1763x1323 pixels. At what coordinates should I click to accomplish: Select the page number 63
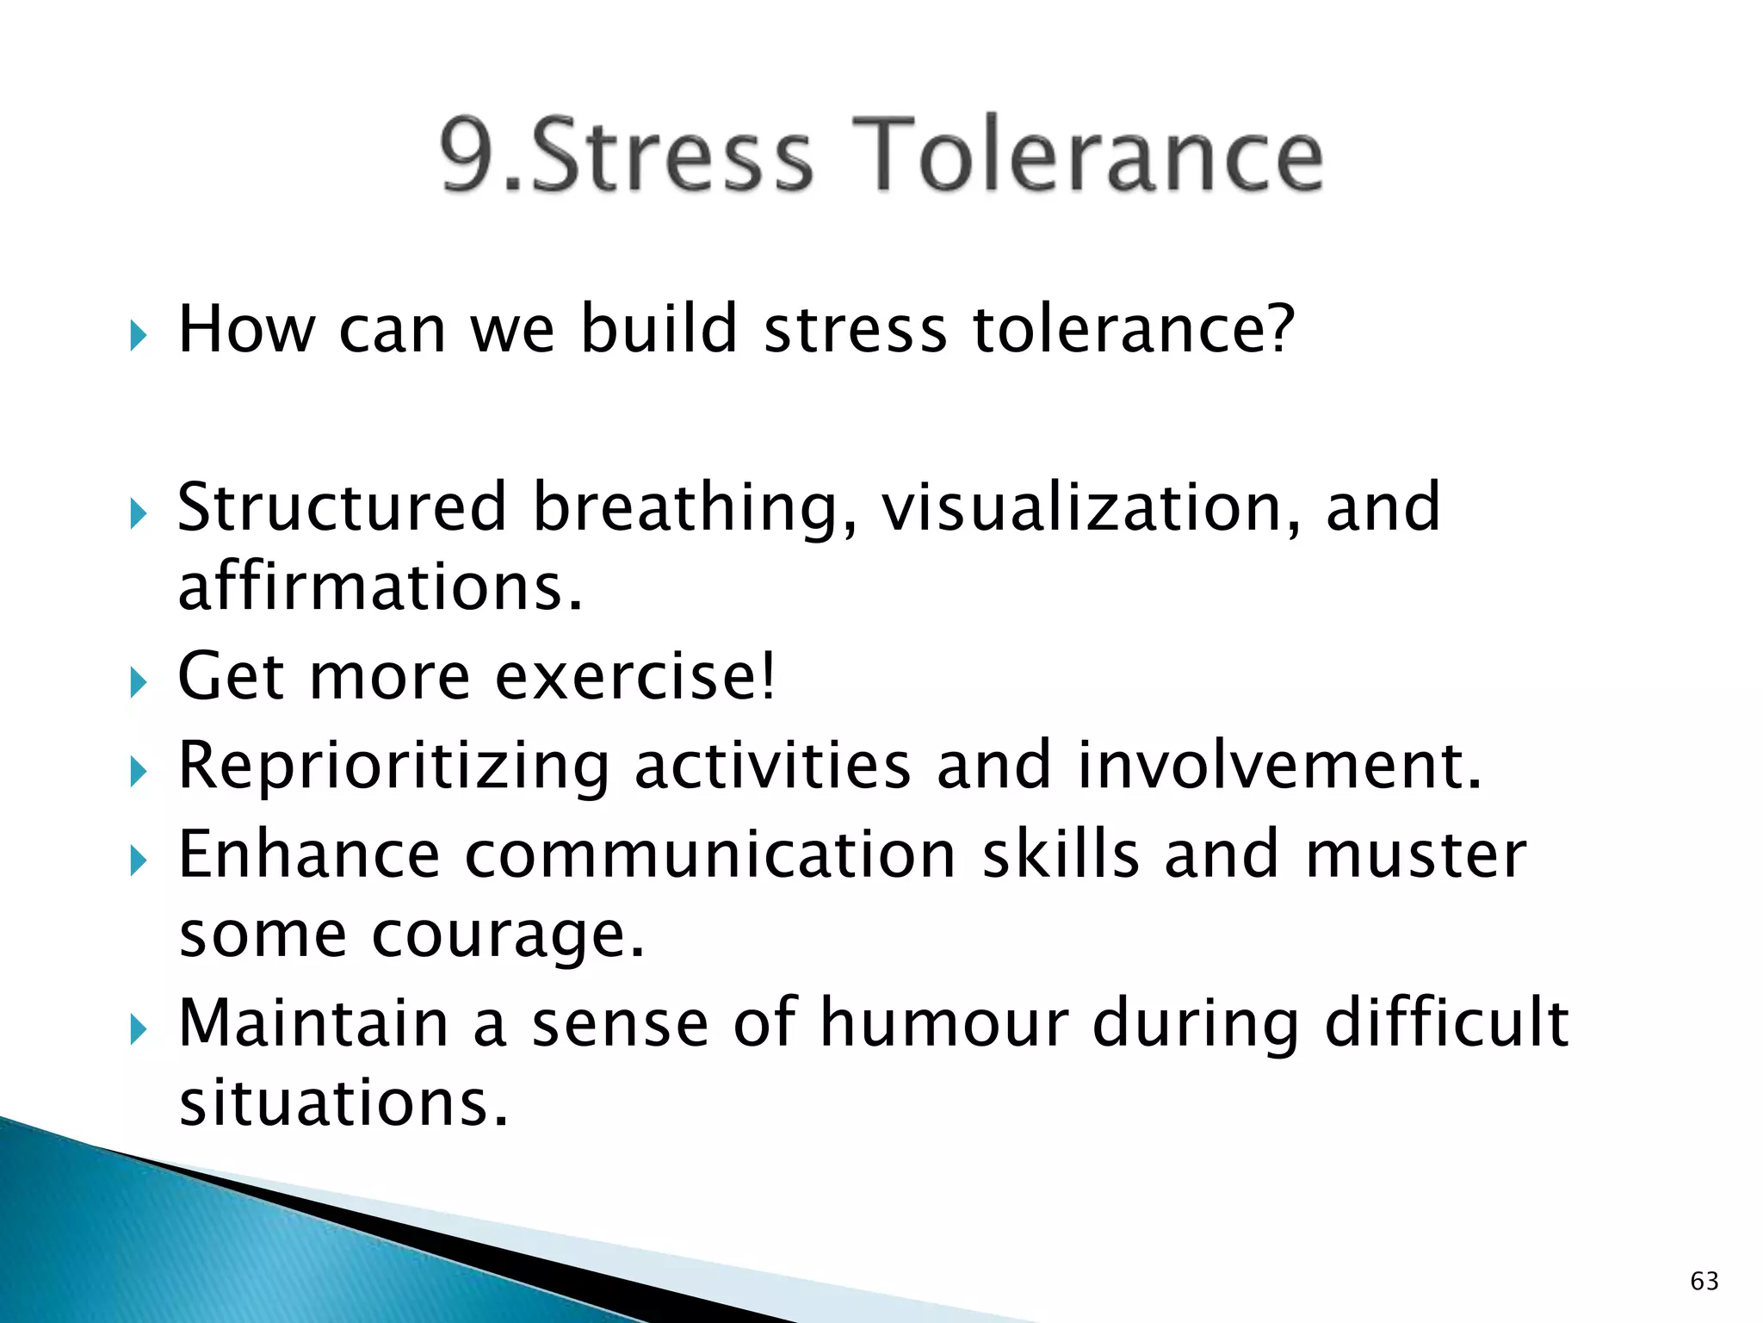[1704, 1281]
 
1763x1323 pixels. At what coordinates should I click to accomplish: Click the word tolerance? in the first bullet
[1133, 329]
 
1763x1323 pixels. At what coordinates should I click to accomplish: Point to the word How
[246, 329]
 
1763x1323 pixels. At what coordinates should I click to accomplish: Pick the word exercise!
[636, 676]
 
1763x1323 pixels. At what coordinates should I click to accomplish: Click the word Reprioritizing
[393, 767]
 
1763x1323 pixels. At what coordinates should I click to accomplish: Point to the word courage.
[508, 935]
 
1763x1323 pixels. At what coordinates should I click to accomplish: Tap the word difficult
[1446, 1023]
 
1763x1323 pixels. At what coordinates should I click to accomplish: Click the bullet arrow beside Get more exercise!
[138, 684]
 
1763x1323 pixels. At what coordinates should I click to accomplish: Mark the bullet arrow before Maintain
[138, 1029]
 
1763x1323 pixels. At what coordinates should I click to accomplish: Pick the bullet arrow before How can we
[138, 336]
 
